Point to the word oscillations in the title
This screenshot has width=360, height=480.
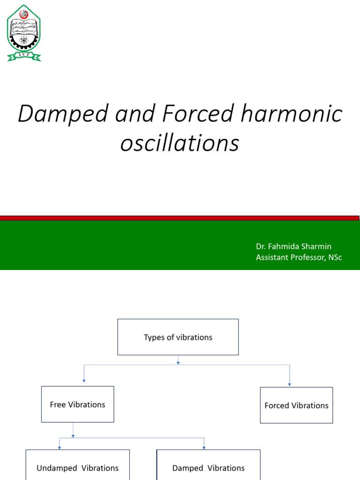[x=180, y=143]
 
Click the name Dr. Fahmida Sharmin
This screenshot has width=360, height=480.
[x=293, y=247]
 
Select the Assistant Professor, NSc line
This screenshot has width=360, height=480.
[x=299, y=257]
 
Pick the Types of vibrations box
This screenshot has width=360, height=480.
[x=178, y=337]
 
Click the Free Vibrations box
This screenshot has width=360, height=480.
[x=77, y=404]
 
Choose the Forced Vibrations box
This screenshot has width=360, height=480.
[x=296, y=405]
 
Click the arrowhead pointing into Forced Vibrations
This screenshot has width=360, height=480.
[x=289, y=384]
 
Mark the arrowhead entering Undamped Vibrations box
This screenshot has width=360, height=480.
[x=60, y=447]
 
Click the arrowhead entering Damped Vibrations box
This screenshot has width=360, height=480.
[x=204, y=447]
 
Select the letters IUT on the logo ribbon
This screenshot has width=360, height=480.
[x=23, y=55]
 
